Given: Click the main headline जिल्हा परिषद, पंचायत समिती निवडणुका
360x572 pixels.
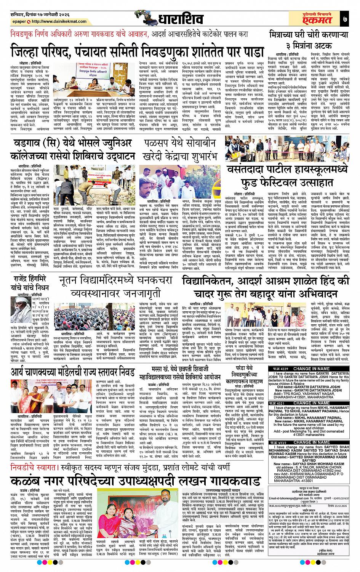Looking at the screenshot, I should click(137, 50).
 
